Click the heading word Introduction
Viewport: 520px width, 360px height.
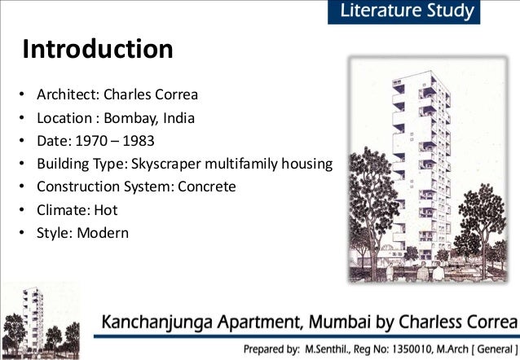97,50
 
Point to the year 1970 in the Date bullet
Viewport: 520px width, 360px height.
89,141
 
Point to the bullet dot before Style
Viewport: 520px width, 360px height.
24,232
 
